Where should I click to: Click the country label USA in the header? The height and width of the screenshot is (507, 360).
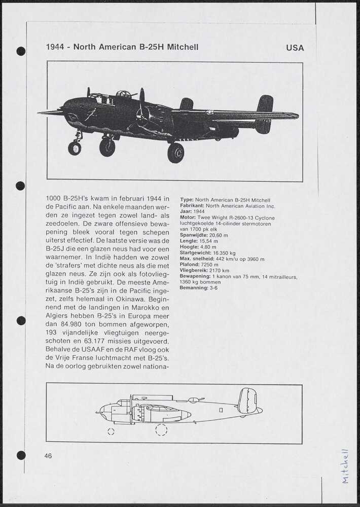pyautogui.click(x=295, y=48)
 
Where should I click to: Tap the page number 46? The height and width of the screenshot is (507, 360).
pyautogui.click(x=48, y=456)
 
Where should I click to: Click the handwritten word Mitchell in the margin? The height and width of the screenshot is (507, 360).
pyautogui.click(x=345, y=466)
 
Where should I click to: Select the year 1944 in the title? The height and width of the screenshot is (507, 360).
pyautogui.click(x=55, y=47)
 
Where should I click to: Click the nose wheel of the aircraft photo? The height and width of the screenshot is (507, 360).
pyautogui.click(x=75, y=148)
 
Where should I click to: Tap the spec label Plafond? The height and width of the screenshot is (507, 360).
pyautogui.click(x=189, y=265)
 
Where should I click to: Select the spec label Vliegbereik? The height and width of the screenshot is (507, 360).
pyautogui.click(x=193, y=271)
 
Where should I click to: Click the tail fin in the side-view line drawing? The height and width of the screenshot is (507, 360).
pyautogui.click(x=247, y=400)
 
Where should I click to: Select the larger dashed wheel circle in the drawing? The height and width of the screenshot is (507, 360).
pyautogui.click(x=161, y=430)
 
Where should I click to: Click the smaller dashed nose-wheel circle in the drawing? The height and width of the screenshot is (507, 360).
pyautogui.click(x=111, y=431)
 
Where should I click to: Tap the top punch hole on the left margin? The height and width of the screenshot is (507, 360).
pyautogui.click(x=21, y=51)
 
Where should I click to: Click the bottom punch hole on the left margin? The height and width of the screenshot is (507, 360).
pyautogui.click(x=21, y=455)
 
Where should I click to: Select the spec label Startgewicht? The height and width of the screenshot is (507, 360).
pyautogui.click(x=195, y=252)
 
